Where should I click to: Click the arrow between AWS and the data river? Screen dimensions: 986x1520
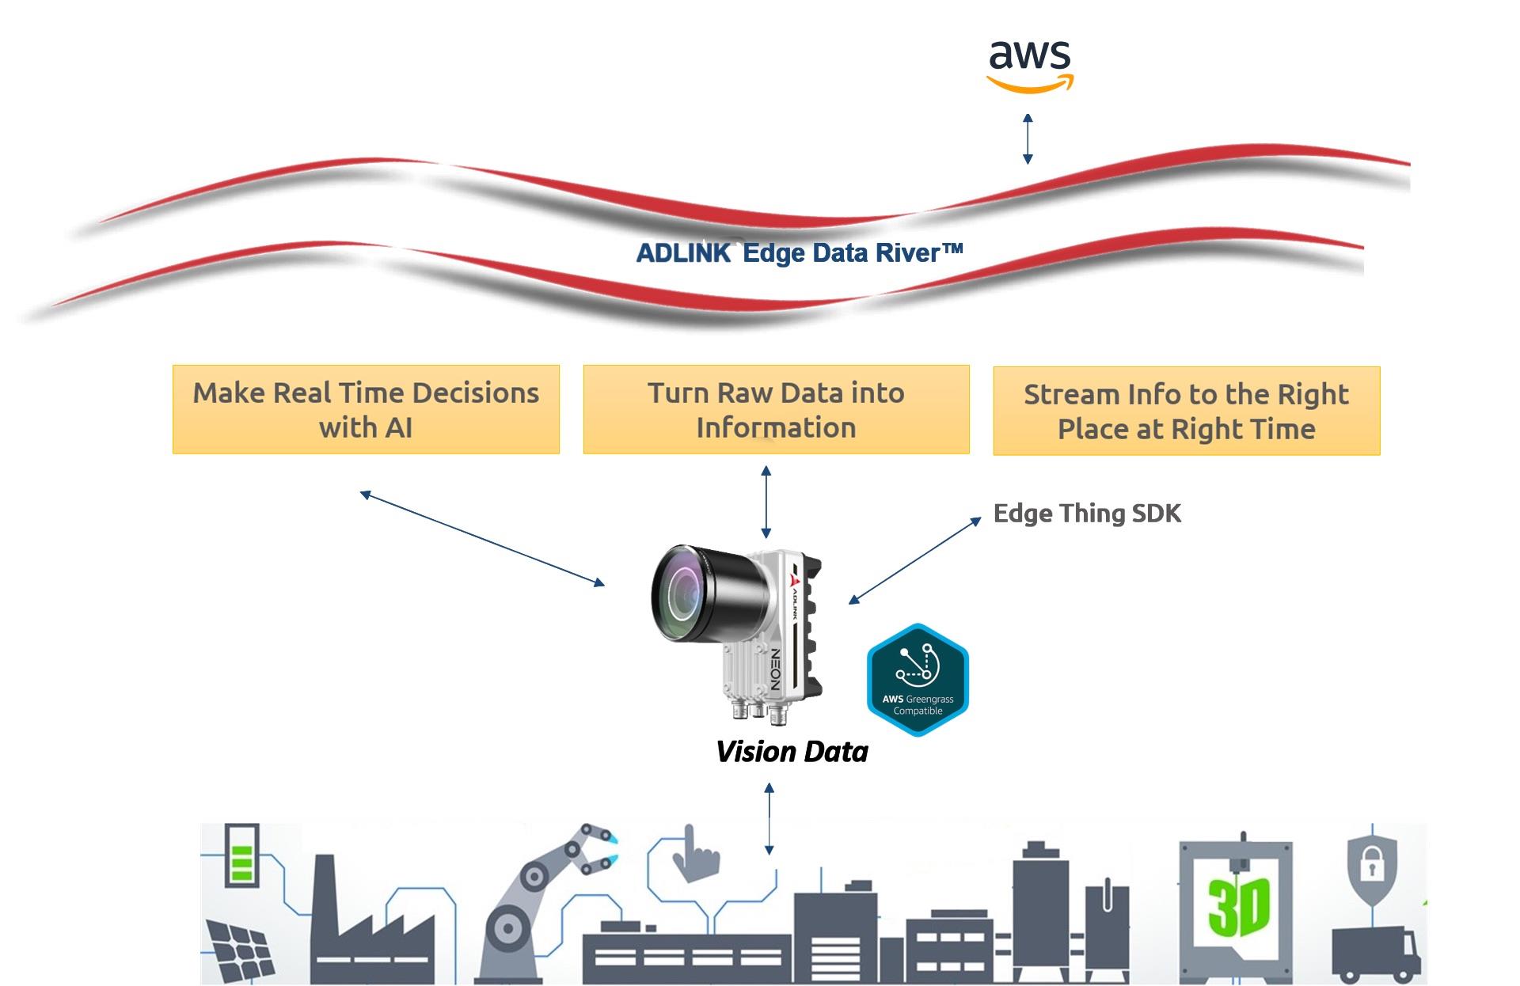coord(1028,138)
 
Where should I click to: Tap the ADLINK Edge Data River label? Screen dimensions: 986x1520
coord(800,253)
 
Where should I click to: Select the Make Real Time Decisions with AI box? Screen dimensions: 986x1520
coord(366,409)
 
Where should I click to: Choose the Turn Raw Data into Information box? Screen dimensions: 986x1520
coord(776,409)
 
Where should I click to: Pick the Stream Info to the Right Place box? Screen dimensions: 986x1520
coord(1186,411)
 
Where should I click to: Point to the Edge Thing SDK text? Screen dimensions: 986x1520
coord(1087,514)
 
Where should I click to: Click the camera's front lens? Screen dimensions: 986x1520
coord(682,590)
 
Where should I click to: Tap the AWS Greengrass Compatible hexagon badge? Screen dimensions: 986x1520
coord(918,680)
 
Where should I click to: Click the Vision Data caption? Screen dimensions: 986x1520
coord(792,752)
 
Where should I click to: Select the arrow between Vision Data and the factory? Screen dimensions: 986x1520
coord(769,819)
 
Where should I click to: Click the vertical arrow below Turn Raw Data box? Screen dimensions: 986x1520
coord(766,502)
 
